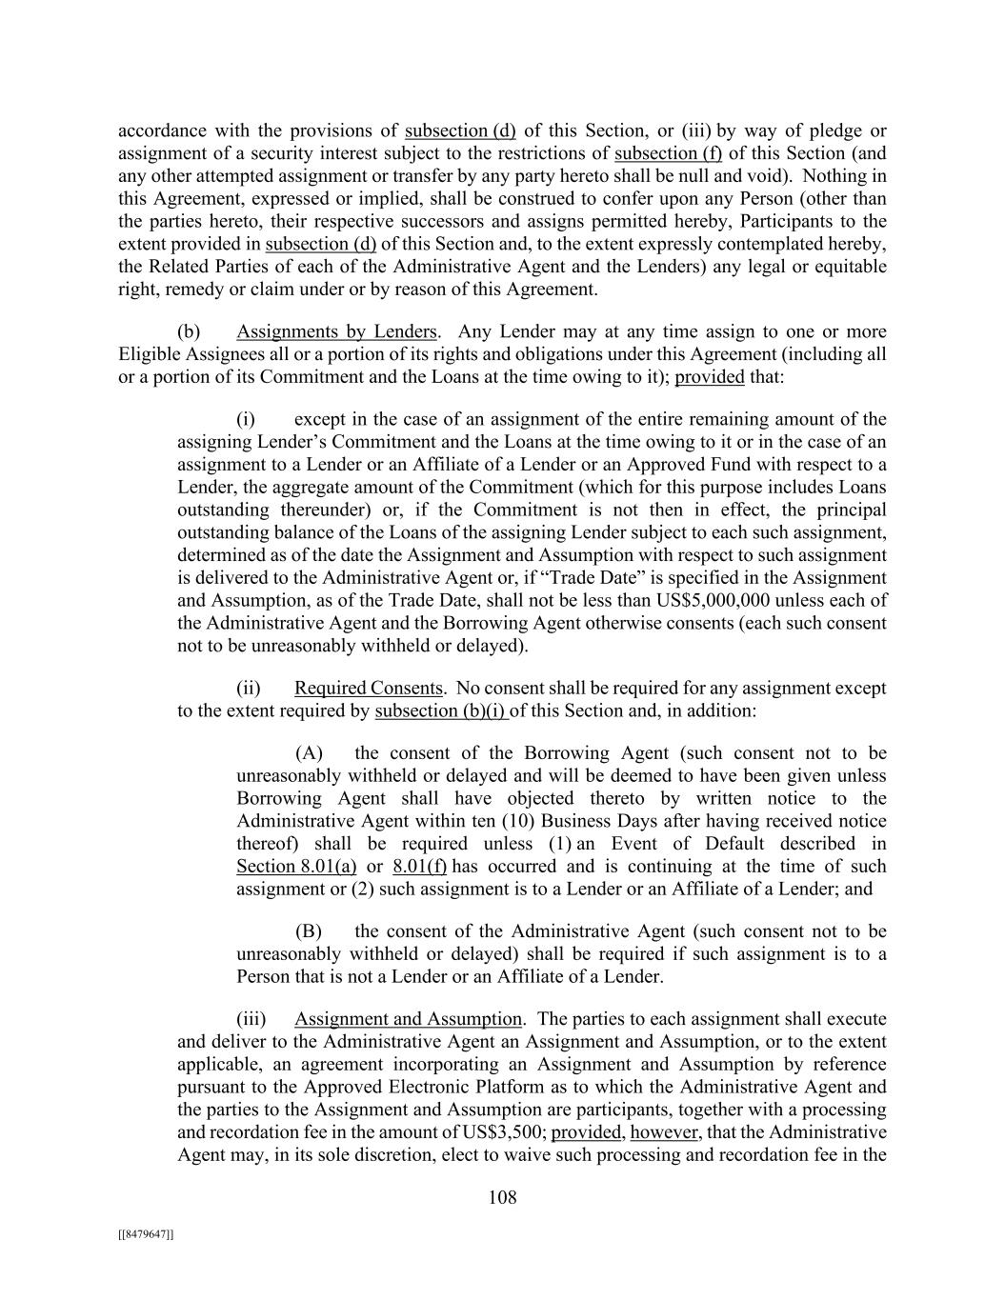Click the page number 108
[x=502, y=1197]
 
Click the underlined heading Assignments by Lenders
[x=336, y=332]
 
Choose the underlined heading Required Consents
[x=368, y=688]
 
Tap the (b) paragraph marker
[x=189, y=332]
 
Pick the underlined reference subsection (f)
[x=668, y=153]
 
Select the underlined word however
[x=665, y=1132]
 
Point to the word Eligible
[x=147, y=355]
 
